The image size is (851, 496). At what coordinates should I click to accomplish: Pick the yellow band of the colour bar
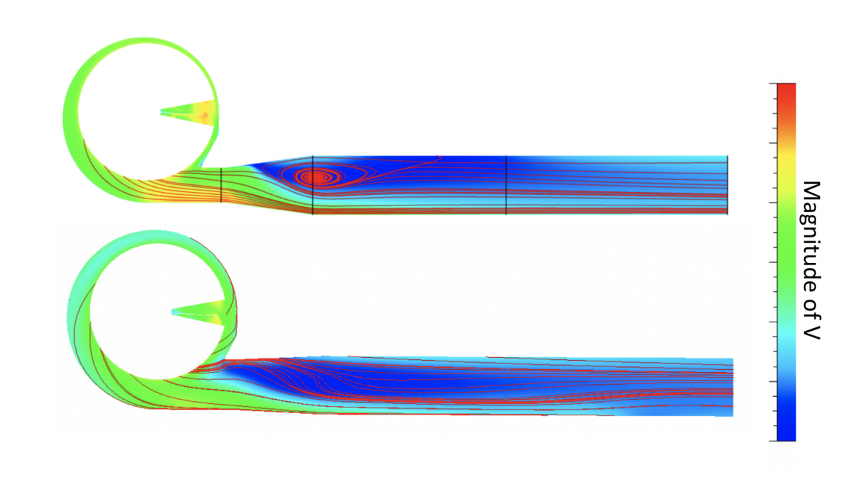786,159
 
